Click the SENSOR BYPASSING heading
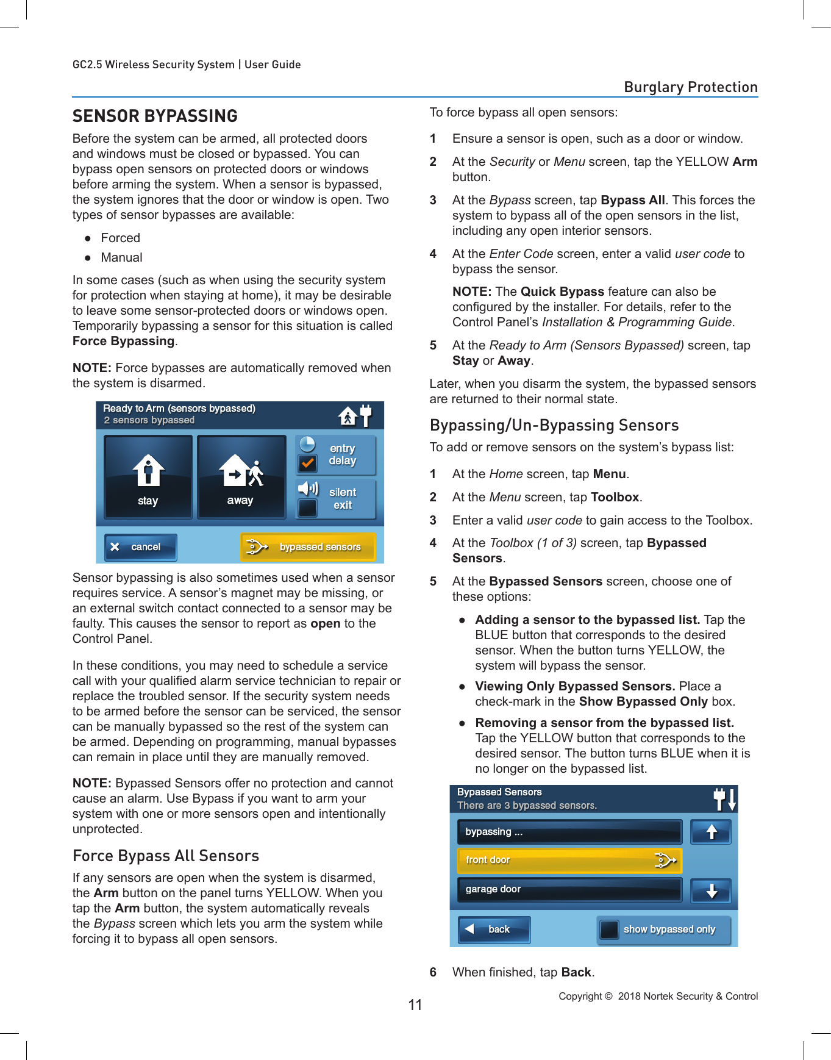coord(155,116)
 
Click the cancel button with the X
coord(140,547)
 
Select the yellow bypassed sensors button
coord(308,547)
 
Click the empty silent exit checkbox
coord(308,507)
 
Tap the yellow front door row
coord(569,860)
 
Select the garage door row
coord(569,889)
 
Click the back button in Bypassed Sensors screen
coord(494,929)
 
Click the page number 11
coord(415,1005)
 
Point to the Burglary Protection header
coord(690,87)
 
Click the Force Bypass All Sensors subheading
coord(166,856)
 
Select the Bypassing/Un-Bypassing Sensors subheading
coord(554,425)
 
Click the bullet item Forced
coord(120,238)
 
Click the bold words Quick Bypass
coord(562,292)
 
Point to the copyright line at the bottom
coord(658,996)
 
